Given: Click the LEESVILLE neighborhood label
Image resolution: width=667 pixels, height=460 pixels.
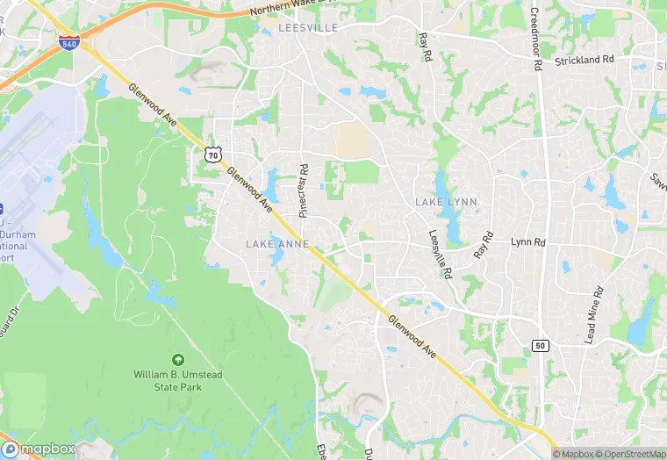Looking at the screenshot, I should pyautogui.click(x=307, y=28).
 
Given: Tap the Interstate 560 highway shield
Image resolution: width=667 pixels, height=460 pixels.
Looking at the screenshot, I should pyautogui.click(x=68, y=42).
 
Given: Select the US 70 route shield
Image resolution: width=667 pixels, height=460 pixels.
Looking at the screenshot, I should pyautogui.click(x=212, y=155).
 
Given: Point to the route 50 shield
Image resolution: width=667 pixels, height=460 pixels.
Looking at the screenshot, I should pyautogui.click(x=541, y=345).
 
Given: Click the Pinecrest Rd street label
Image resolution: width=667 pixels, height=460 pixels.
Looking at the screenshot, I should pyautogui.click(x=304, y=190).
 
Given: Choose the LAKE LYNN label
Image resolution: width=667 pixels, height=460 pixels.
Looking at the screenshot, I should pyautogui.click(x=446, y=202).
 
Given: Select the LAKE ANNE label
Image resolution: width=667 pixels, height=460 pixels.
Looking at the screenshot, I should pyautogui.click(x=276, y=243).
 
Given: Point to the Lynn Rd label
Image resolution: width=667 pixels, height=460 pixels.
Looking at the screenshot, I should pyautogui.click(x=528, y=241).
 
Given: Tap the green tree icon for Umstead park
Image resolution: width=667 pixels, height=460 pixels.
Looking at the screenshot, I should pyautogui.click(x=178, y=359).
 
